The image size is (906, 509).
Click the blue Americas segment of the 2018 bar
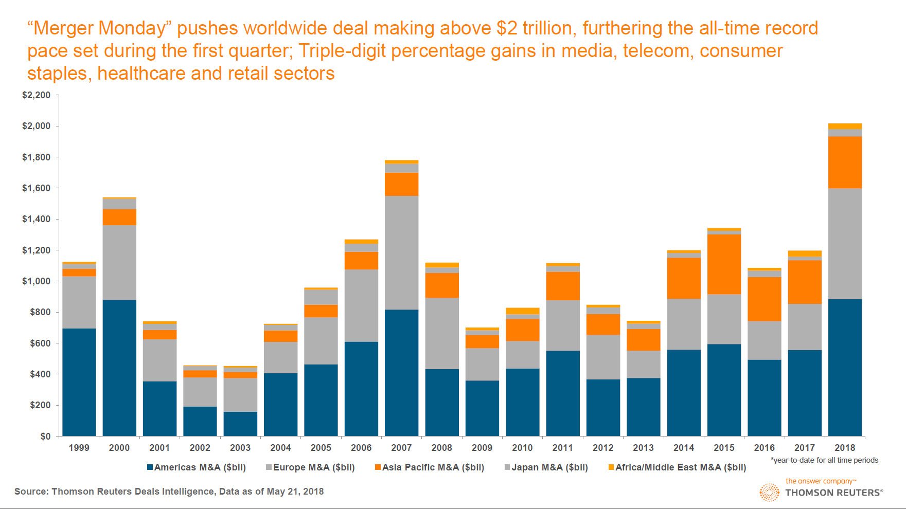tap(845, 368)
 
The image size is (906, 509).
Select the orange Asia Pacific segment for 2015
tap(724, 264)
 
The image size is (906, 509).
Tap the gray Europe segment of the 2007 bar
tap(401, 252)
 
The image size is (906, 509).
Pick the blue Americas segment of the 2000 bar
tap(119, 368)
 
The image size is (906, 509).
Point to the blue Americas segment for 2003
tap(240, 424)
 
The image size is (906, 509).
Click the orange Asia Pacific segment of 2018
tap(845, 162)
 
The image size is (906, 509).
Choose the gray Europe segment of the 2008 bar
tap(442, 333)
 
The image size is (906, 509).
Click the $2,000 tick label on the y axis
tap(36, 126)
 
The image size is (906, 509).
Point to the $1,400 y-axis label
tap(36, 219)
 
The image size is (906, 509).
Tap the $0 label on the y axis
tap(45, 437)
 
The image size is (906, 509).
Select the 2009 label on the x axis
tap(482, 448)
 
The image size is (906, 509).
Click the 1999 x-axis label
tap(79, 448)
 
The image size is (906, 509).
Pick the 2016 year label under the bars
tap(764, 448)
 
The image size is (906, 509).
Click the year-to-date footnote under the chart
tap(824, 460)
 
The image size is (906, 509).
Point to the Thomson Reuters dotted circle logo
tap(770, 492)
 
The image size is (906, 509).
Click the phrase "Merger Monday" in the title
tap(97, 28)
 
